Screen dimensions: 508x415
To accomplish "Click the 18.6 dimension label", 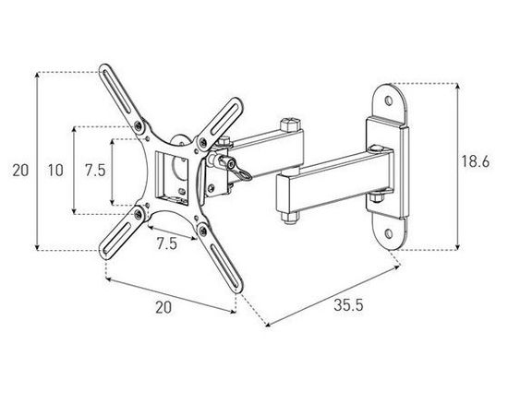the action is [x=476, y=161].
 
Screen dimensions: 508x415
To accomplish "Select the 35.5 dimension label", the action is [x=348, y=305].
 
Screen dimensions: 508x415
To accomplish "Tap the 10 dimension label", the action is [x=55, y=170].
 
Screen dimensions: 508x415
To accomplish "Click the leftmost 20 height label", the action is [x=20, y=170].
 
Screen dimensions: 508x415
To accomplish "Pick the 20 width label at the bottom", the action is [x=163, y=307].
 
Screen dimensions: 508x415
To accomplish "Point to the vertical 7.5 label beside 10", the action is [x=95, y=170].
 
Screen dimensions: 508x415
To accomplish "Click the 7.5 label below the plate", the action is [x=167, y=243].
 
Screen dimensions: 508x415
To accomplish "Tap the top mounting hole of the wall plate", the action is [x=389, y=101].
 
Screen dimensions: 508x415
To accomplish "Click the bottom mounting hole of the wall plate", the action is [x=389, y=233].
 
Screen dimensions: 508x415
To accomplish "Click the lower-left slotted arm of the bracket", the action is [x=122, y=232].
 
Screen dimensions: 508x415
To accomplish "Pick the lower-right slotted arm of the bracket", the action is [x=220, y=257].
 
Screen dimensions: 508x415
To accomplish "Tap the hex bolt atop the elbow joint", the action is [x=290, y=125].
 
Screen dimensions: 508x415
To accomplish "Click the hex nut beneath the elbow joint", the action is [x=289, y=218].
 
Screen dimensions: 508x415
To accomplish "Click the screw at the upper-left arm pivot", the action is [x=139, y=125].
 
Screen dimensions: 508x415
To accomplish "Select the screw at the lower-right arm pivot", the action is [x=203, y=231].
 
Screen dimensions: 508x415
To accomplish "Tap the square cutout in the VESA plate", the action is [x=172, y=178].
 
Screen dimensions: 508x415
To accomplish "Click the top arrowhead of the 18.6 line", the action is [x=457, y=86].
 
